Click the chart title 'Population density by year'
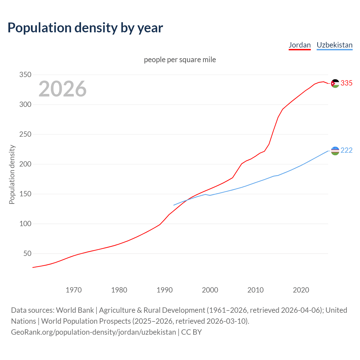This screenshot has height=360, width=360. pos(85,28)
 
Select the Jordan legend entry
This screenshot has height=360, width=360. pos(300,45)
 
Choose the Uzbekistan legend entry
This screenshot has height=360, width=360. pos(334,45)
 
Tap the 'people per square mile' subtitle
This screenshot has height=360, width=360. pos(180,60)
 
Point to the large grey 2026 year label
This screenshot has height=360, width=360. pos(62,89)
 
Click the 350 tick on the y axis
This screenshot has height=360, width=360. pos(25,75)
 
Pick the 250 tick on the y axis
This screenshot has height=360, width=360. pos(25,134)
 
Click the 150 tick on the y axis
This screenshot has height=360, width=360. pos(25,194)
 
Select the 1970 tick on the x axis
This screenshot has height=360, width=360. pos(74,290)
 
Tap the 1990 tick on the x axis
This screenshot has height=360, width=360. pos(165,290)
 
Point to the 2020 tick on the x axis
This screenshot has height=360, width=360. pos(301,290)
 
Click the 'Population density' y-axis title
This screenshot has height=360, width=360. pos(12,174)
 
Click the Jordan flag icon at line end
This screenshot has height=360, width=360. pos(335,84)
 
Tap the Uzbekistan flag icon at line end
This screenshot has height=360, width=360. pos(335,151)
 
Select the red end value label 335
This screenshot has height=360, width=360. pos(346,83)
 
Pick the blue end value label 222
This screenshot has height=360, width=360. pos(346,150)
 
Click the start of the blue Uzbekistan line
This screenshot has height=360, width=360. pos(174,205)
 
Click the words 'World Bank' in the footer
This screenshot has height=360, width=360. pos(75,310)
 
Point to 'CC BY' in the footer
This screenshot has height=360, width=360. pos(191,332)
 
